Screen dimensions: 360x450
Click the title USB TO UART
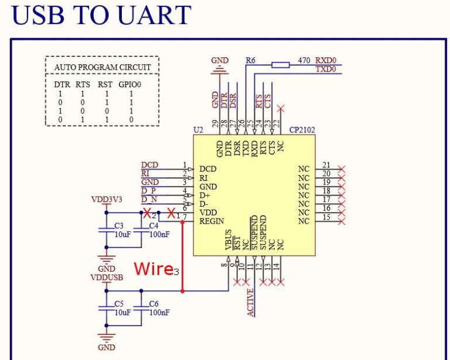coord(101,15)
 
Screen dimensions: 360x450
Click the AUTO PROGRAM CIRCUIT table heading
coord(102,67)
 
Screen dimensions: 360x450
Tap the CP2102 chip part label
coord(302,129)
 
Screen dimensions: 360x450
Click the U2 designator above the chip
coord(197,129)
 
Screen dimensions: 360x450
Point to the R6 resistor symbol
coord(281,64)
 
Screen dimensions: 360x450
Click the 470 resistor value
coord(304,60)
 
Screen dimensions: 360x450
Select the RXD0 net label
coord(325,60)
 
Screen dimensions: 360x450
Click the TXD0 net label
coord(325,69)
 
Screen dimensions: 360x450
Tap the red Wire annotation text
coord(153,269)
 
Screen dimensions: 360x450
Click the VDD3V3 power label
coord(106,199)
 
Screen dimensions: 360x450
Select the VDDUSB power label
coord(105,276)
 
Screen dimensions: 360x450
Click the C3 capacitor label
coord(119,225)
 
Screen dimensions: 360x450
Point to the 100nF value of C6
coord(159,313)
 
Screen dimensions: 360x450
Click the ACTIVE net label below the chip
coord(250,302)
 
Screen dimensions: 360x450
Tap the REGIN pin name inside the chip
coord(212,222)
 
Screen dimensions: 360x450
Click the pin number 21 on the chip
coord(326,165)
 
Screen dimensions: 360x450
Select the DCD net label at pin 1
coord(149,164)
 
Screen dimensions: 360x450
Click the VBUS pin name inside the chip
coord(228,240)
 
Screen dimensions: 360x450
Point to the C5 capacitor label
coord(119,304)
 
